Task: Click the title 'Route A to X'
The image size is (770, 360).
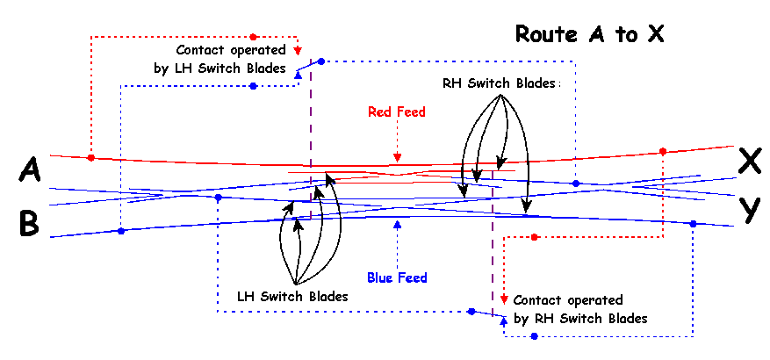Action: [588, 35]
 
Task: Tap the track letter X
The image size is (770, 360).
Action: [749, 161]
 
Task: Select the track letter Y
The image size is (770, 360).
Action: [749, 209]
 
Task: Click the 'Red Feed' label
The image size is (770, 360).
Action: [397, 112]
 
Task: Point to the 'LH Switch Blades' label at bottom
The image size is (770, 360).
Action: [292, 297]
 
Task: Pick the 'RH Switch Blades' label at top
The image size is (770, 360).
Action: [500, 83]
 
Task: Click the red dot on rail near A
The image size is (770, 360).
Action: [91, 158]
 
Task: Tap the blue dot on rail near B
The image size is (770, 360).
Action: [121, 231]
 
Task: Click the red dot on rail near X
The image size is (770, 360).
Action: [663, 151]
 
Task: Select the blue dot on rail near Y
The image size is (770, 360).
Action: [694, 224]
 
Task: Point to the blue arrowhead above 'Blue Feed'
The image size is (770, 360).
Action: [398, 224]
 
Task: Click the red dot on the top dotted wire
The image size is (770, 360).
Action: [253, 37]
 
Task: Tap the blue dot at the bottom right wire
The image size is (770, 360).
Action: [534, 336]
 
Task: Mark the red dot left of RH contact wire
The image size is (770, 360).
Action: [534, 237]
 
